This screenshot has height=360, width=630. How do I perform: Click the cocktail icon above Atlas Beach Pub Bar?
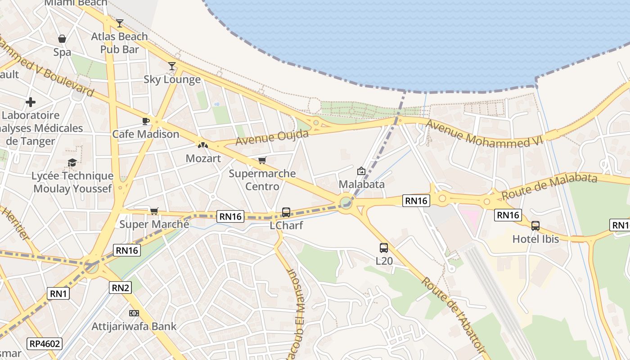click(x=119, y=23)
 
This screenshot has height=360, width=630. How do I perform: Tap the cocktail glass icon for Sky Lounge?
click(x=172, y=66)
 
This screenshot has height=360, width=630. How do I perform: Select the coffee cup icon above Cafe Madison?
click(x=146, y=121)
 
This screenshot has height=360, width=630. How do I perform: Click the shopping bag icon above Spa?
click(x=62, y=39)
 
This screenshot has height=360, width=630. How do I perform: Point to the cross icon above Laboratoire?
click(x=31, y=102)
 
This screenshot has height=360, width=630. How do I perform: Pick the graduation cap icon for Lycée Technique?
click(x=72, y=162)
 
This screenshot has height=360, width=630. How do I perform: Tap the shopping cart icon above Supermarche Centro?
click(x=262, y=160)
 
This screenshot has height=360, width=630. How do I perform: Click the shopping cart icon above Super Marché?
click(x=154, y=211)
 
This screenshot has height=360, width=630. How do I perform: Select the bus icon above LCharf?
click(x=286, y=212)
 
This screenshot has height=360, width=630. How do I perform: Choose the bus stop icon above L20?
click(x=384, y=247)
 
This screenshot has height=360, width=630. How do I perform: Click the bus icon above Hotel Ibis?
click(x=535, y=225)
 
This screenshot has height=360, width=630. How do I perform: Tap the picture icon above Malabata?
click(x=361, y=171)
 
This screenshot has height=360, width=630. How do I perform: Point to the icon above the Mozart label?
click(x=203, y=145)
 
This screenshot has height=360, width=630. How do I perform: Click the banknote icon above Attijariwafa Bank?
click(x=134, y=313)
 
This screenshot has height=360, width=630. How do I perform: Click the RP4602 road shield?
click(x=44, y=344)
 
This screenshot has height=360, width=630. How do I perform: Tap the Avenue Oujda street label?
click(x=272, y=138)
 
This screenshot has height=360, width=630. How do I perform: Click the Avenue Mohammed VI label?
click(x=484, y=133)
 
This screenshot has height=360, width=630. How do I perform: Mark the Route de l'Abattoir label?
click(x=453, y=315)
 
